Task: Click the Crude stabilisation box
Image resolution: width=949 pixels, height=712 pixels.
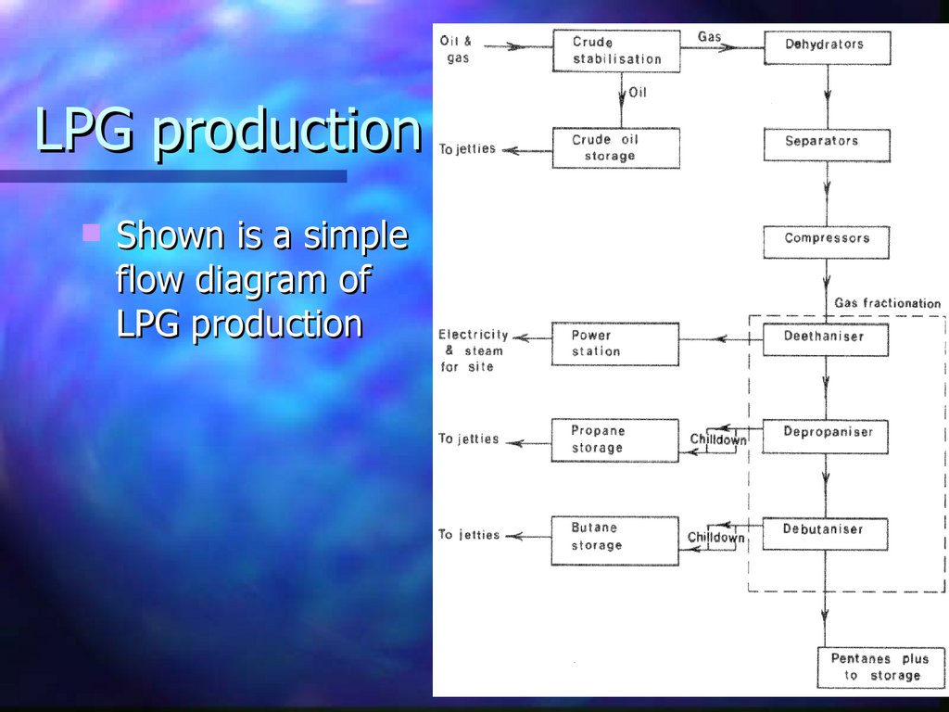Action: click(616, 51)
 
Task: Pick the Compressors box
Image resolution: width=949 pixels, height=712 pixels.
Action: click(827, 242)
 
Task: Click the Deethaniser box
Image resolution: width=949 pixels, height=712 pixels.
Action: click(825, 339)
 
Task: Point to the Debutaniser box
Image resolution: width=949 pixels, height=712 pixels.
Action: click(825, 533)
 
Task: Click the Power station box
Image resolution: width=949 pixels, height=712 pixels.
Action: click(615, 344)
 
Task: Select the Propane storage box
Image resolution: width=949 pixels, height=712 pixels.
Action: click(615, 440)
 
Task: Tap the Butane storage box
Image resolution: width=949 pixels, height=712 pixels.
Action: click(615, 538)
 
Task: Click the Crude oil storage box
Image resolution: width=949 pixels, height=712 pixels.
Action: click(615, 148)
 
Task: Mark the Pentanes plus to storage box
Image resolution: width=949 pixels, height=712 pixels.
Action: click(879, 667)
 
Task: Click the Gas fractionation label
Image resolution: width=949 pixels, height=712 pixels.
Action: click(887, 303)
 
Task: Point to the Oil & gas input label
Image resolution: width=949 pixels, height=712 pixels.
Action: click(455, 50)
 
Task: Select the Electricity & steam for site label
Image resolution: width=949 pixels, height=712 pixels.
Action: click(473, 350)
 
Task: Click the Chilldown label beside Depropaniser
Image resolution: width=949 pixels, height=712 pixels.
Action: click(718, 439)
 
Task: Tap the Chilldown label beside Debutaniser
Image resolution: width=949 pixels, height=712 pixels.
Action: click(715, 538)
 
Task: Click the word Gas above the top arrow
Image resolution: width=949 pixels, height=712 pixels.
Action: click(709, 37)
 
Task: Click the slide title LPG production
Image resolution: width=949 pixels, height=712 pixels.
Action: click(228, 131)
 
